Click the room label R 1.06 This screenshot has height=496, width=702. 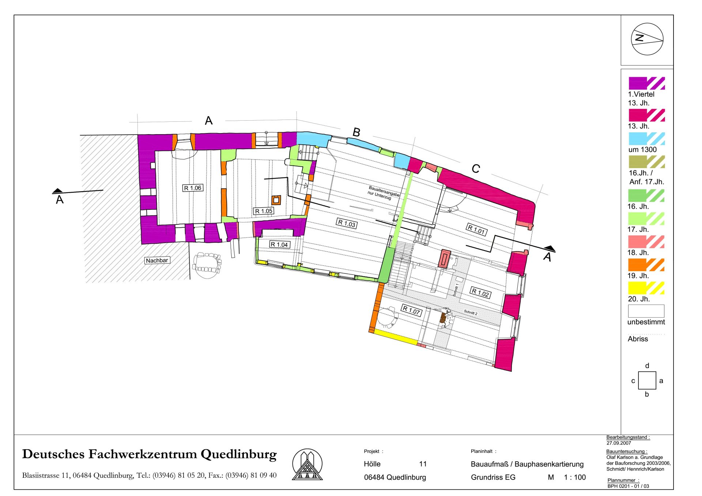click(x=193, y=188)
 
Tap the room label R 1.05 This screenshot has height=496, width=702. click(x=264, y=211)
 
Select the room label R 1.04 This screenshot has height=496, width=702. click(x=279, y=245)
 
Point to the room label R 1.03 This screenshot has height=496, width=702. click(x=347, y=224)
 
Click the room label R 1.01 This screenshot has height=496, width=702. click(x=476, y=230)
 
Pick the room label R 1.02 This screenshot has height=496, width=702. click(x=480, y=292)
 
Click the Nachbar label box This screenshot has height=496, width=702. click(x=157, y=260)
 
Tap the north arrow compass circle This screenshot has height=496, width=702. click(x=647, y=39)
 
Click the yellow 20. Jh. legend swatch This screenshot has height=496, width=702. click(x=646, y=288)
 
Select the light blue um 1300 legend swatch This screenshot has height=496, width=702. click(x=646, y=139)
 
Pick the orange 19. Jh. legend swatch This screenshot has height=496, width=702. click(x=646, y=265)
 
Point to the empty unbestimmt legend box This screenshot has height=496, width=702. click(x=646, y=311)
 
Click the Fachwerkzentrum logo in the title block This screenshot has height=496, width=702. click(x=307, y=464)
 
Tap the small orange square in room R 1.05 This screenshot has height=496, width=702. click(x=276, y=200)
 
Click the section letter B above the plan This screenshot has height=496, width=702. click(x=356, y=132)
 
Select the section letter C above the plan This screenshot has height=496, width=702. click(x=476, y=169)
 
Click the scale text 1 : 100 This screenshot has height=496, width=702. click(x=575, y=477)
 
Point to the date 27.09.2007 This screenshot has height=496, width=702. click(x=619, y=443)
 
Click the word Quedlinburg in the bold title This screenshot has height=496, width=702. click(x=239, y=454)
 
